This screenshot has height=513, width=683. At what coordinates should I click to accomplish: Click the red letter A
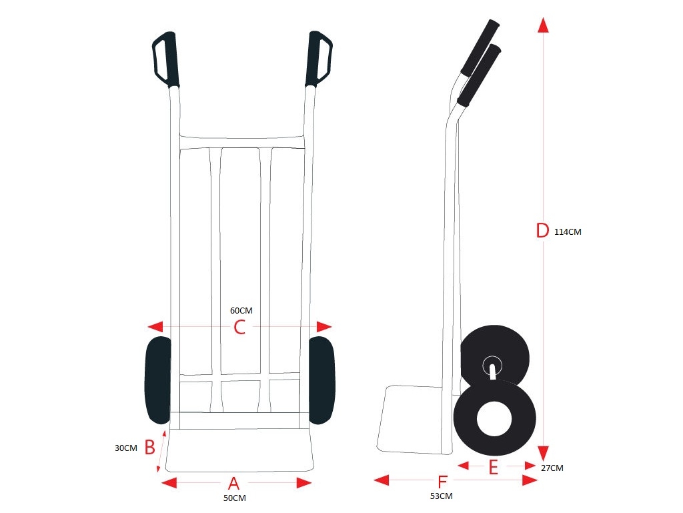[x=234, y=484]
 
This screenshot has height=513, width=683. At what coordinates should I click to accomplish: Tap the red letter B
[x=149, y=447]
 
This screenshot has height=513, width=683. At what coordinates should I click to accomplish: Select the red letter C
[x=239, y=327]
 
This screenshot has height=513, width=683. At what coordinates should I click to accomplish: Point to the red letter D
[x=542, y=230]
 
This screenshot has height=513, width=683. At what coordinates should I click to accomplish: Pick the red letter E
[x=493, y=467]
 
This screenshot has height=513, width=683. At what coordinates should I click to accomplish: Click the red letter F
[x=442, y=482]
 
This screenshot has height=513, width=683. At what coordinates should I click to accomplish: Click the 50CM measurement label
[x=234, y=498]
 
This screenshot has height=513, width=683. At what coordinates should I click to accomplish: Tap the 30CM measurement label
[x=126, y=448]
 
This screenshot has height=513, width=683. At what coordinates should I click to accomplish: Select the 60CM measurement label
[x=241, y=310]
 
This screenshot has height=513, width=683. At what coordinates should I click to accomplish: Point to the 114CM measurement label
[x=568, y=232]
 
